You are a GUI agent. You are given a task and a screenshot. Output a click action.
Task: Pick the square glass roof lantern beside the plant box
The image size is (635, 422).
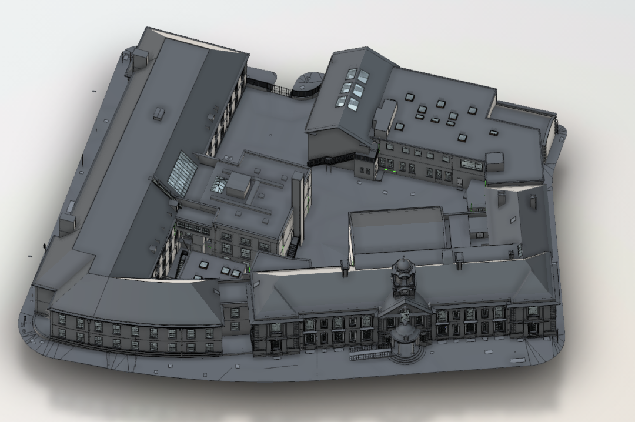point(220,184)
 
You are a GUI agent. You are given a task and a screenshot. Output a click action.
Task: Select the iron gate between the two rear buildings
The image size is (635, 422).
point(282,91)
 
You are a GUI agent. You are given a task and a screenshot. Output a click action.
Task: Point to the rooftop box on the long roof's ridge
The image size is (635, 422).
point(159,113)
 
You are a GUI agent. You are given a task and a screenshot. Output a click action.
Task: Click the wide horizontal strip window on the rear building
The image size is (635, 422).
point(472,165)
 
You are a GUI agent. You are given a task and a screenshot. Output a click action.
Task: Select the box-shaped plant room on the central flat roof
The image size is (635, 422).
point(239,184)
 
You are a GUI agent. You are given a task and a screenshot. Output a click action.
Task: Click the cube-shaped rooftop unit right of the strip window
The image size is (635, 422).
point(494,161)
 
